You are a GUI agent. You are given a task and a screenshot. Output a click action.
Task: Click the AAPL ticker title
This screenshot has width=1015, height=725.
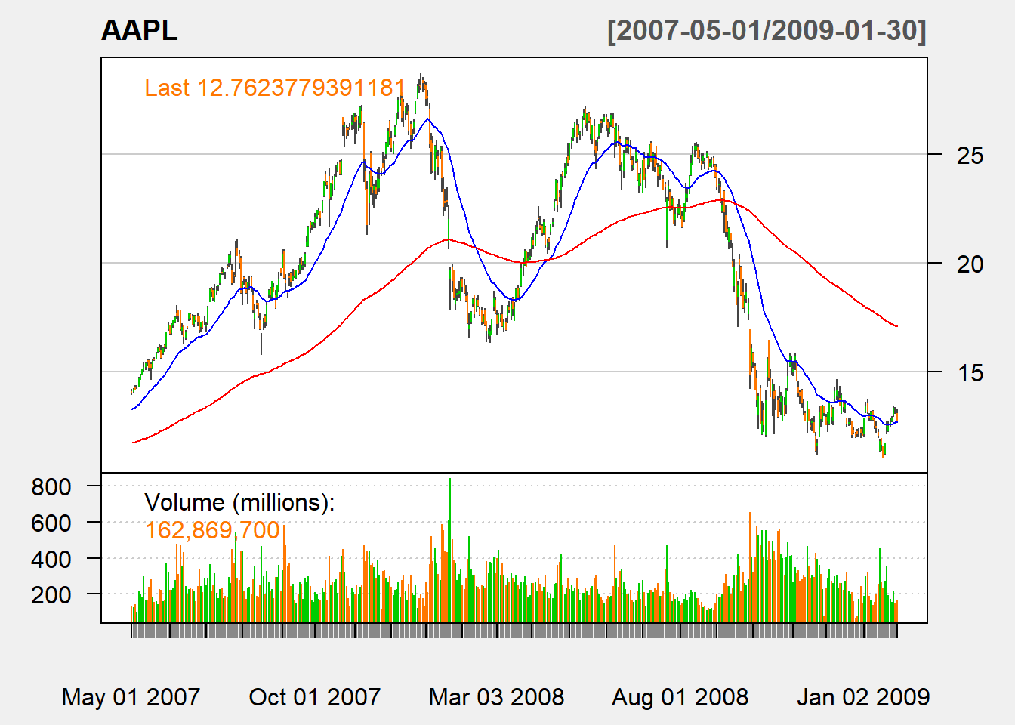click(140, 31)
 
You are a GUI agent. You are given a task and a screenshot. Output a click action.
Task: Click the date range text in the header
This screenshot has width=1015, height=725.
click(767, 31)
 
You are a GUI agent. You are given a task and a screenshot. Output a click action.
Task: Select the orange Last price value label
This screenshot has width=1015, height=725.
click(275, 88)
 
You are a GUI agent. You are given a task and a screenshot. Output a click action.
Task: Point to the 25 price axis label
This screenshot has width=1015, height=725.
click(970, 156)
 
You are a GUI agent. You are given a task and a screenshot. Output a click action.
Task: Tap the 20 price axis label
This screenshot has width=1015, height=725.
click(970, 264)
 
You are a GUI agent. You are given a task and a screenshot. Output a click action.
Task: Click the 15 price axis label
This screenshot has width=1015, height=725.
click(970, 372)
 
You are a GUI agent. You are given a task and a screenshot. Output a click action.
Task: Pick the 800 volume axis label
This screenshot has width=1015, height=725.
click(51, 487)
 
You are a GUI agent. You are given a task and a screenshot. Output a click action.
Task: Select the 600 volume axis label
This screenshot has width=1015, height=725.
click(51, 523)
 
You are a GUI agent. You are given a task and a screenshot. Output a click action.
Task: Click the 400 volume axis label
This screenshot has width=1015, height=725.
click(51, 559)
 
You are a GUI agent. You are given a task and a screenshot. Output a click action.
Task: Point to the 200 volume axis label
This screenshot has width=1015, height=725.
click(51, 595)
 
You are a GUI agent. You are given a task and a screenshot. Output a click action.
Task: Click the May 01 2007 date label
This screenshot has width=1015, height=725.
click(131, 696)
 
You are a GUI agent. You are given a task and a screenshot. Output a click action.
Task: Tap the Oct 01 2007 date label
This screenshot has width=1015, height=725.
click(315, 696)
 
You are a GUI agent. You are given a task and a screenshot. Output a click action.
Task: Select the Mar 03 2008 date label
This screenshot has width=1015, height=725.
click(496, 696)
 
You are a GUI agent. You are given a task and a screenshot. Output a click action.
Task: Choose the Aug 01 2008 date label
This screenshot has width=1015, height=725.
click(680, 696)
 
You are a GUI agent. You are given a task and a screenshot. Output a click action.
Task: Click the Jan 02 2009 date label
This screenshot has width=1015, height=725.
click(863, 696)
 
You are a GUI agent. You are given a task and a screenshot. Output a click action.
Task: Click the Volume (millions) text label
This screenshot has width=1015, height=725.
click(239, 502)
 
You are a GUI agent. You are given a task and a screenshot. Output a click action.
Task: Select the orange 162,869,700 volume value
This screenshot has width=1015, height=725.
click(212, 530)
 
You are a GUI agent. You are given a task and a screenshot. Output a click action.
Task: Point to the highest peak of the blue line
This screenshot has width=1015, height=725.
click(428, 119)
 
